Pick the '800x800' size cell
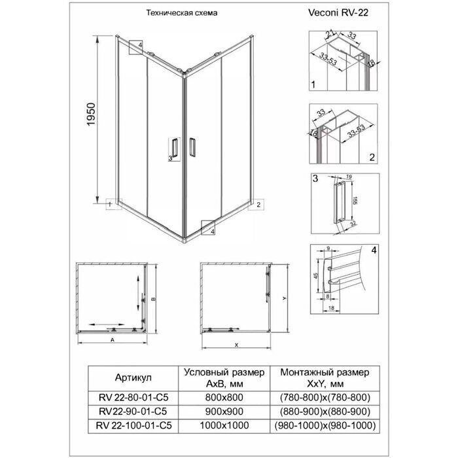(x=224, y=397)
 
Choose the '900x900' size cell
(x=224, y=412)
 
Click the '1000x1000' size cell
(x=224, y=426)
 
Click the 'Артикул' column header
(x=133, y=378)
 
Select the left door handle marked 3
(x=174, y=148)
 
